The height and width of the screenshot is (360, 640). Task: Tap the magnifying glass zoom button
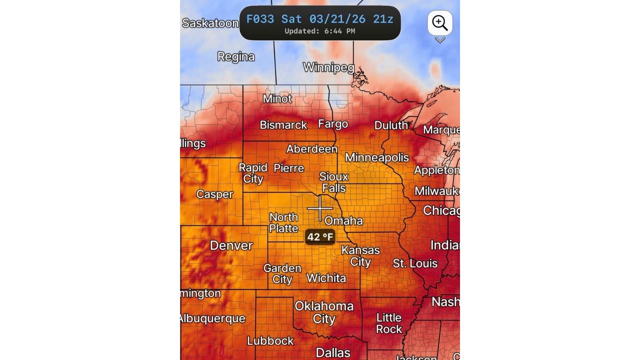pos(440,23)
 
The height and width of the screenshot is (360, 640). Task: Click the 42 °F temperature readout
pos(320,237)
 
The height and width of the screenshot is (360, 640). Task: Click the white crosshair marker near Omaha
pos(320,208)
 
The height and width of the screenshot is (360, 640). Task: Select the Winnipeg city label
pos(328,67)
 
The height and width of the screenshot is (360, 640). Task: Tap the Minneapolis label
pos(377,157)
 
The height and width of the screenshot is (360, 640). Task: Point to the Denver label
pos(231,245)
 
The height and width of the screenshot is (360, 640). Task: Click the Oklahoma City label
pos(324,312)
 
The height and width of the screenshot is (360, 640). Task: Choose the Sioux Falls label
pos(334,182)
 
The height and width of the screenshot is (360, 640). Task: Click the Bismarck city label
pos(283,125)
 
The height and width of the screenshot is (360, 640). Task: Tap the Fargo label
pos(333,124)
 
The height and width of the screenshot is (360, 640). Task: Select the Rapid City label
pos(253,173)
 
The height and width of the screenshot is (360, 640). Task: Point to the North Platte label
pos(283,222)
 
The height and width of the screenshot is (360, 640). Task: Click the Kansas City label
pos(360,255)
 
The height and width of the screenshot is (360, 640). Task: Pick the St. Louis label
pos(415,263)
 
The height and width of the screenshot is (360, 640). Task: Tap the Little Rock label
pos(389,323)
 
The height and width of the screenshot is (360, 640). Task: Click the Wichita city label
pos(326,278)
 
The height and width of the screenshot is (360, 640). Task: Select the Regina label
pos(236,57)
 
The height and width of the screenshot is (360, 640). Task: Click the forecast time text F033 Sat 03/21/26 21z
pos(320,19)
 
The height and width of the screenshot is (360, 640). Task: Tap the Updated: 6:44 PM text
pos(320,31)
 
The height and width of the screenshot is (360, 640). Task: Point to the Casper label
pos(214,194)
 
